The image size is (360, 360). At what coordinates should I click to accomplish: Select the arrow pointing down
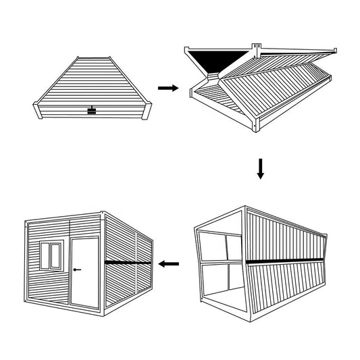pos(261,168)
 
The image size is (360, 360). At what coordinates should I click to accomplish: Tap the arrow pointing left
pos(169,263)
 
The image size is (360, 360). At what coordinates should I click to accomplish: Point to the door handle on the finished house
pos(77,270)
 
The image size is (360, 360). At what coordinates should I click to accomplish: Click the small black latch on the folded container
pos(91,110)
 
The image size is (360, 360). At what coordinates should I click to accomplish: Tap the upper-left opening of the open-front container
pos(211,246)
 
